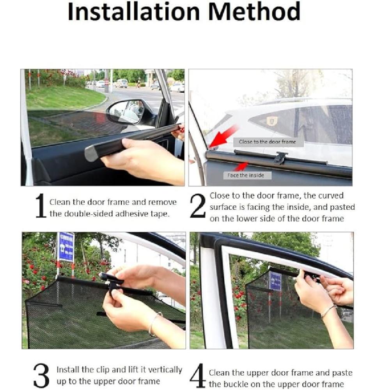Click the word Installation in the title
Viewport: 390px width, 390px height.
click(x=134, y=12)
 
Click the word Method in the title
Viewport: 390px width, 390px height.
click(x=254, y=12)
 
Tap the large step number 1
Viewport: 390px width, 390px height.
click(x=41, y=206)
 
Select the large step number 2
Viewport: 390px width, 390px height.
click(x=198, y=206)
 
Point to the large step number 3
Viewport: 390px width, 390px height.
click(x=41, y=375)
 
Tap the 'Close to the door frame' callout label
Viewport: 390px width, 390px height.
click(x=268, y=142)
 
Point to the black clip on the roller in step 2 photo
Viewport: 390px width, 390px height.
click(x=281, y=158)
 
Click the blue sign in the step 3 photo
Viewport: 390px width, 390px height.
click(x=66, y=247)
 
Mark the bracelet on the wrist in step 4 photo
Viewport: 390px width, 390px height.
click(x=328, y=311)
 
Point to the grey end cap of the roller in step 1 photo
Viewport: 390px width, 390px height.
click(x=91, y=154)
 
